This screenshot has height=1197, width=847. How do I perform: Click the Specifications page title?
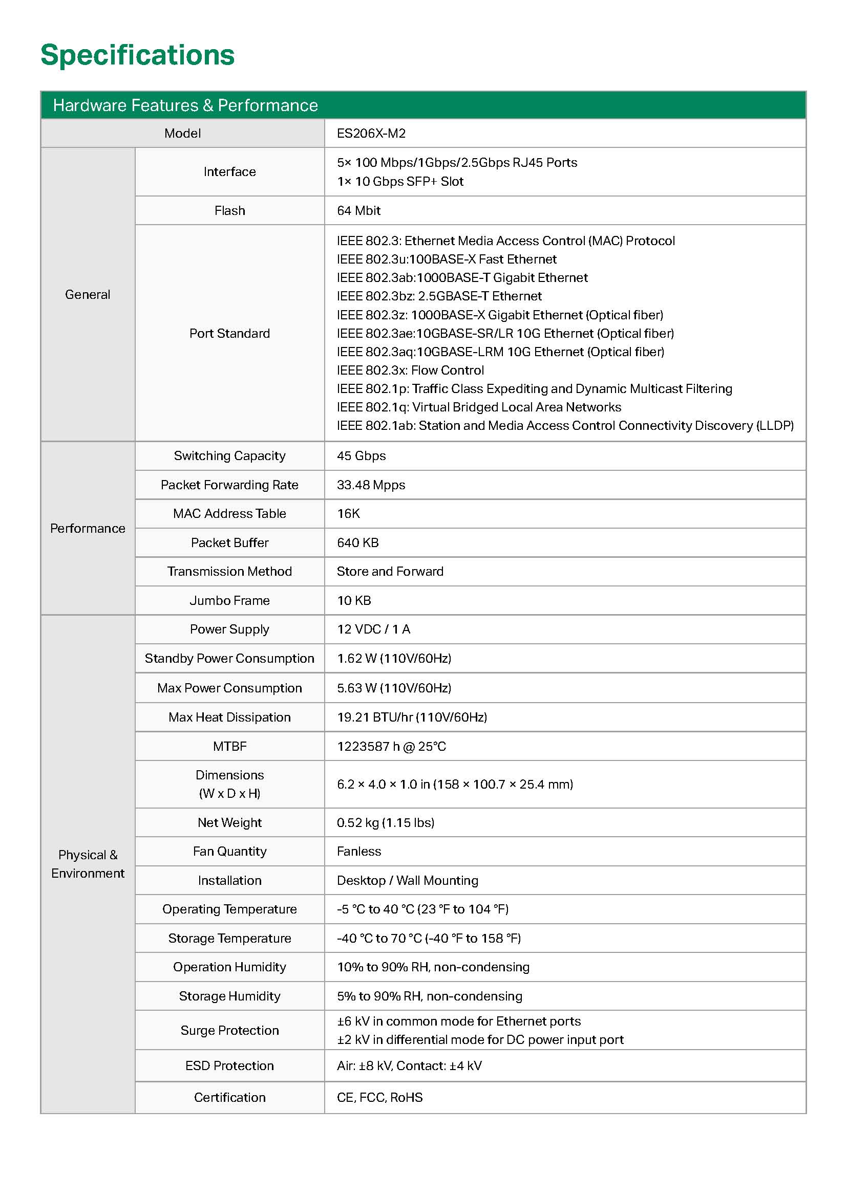click(x=138, y=55)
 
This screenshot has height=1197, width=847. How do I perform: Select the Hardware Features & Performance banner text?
click(x=185, y=105)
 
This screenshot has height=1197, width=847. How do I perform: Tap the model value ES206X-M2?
click(x=371, y=134)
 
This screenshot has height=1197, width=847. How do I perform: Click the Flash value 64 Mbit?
click(x=358, y=211)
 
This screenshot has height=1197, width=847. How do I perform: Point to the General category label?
click(x=88, y=295)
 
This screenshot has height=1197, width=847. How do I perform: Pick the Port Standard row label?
click(x=229, y=333)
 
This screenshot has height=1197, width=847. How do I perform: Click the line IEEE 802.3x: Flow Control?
click(x=410, y=370)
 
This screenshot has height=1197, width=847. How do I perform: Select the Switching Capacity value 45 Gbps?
click(x=361, y=455)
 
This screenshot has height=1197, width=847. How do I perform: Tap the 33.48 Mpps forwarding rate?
click(x=371, y=485)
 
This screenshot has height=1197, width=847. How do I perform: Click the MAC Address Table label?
click(x=229, y=513)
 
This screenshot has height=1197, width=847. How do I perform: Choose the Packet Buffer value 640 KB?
click(x=357, y=542)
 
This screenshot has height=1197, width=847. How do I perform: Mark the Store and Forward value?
click(x=390, y=572)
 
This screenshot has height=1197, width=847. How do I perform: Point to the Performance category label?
click(x=88, y=528)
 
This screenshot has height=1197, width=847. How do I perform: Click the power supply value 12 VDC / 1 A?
click(x=373, y=629)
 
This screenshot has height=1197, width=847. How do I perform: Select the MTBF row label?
click(x=229, y=746)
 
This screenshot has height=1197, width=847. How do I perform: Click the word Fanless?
click(x=359, y=852)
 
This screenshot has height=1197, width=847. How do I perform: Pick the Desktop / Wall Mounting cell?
click(x=407, y=881)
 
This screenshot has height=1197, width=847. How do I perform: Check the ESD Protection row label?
click(x=229, y=1065)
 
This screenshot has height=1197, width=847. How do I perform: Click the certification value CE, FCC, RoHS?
click(x=379, y=1097)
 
